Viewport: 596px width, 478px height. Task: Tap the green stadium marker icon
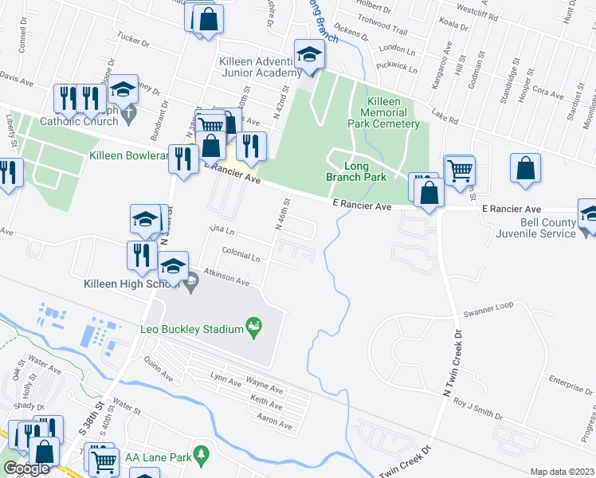click(x=253, y=325)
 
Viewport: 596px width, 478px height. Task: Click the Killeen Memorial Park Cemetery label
click(x=383, y=112)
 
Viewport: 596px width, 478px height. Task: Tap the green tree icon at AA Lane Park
click(x=202, y=456)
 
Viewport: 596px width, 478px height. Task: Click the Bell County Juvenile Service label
click(x=537, y=228)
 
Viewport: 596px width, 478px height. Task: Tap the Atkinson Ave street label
click(x=226, y=278)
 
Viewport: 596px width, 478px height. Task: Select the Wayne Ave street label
click(x=265, y=386)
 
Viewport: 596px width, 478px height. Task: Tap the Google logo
click(x=27, y=468)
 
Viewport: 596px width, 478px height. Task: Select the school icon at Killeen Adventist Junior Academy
click(x=308, y=55)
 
